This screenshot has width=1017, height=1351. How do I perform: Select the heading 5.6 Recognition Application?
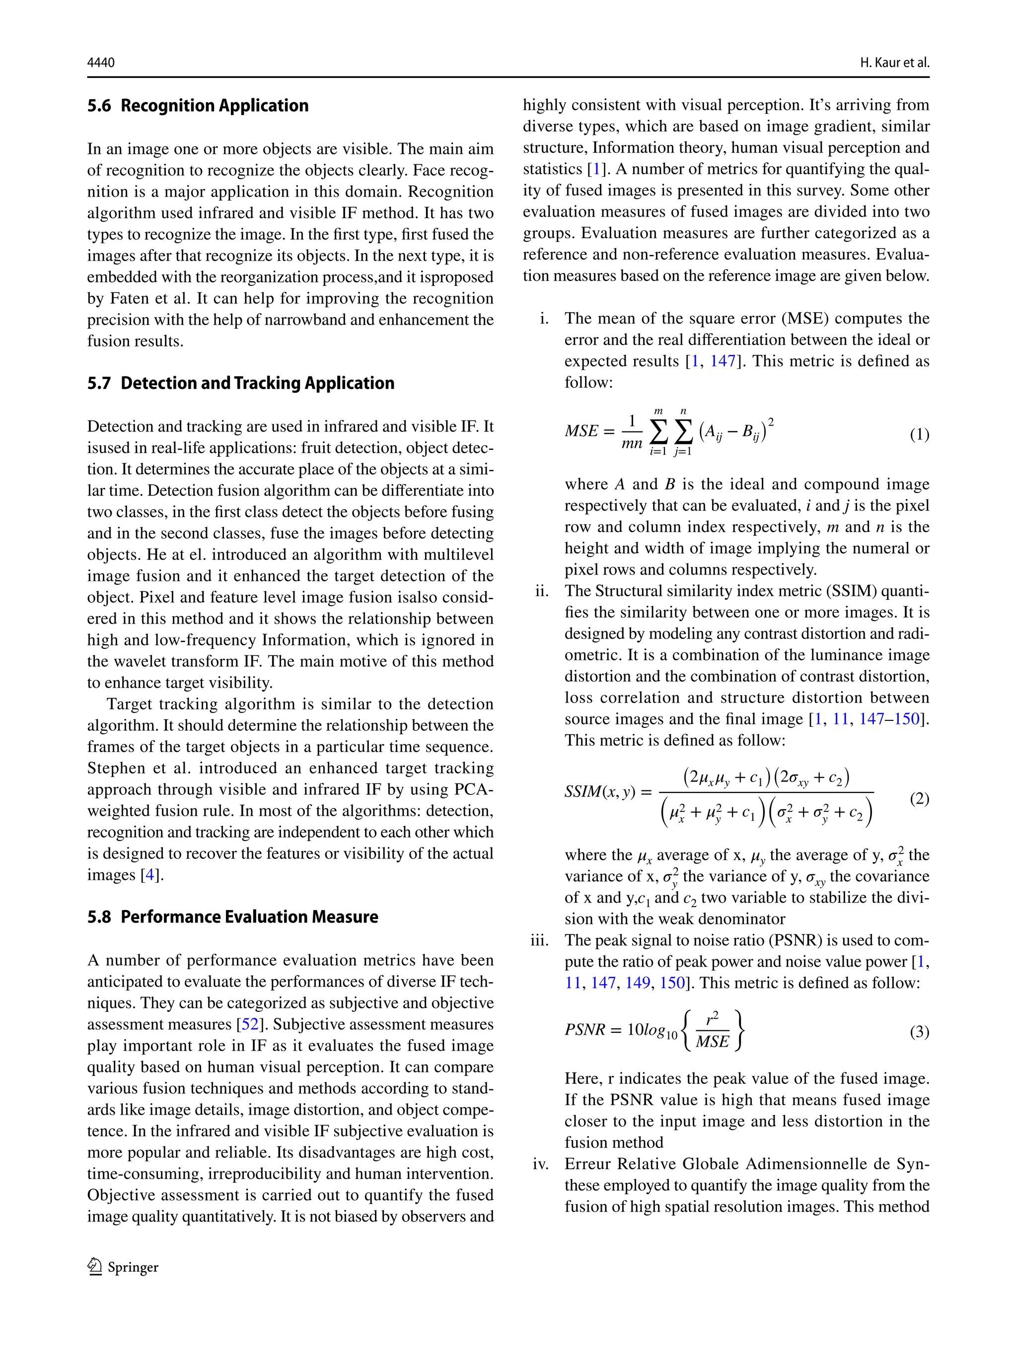[198, 106]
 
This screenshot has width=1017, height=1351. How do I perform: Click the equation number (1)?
[919, 434]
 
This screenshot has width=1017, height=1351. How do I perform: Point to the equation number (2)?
[919, 798]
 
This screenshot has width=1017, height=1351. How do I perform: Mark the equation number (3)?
[919, 1032]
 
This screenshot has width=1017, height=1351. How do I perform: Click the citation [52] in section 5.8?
[250, 1024]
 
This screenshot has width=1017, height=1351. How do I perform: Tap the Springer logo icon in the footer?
[95, 1267]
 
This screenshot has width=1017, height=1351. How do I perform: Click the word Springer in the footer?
[133, 1267]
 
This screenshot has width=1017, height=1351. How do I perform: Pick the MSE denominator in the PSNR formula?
[712, 1041]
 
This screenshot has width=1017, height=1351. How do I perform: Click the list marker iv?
[541, 1164]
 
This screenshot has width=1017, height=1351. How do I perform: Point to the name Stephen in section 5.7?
[116, 768]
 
